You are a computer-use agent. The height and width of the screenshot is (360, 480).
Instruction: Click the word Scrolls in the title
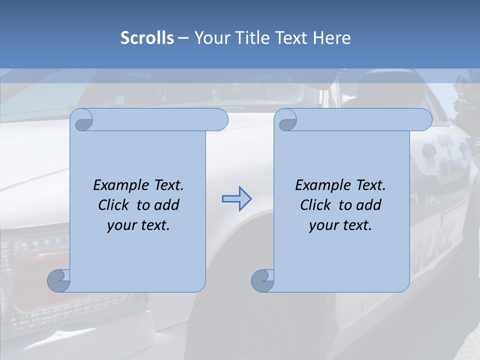[x=147, y=38]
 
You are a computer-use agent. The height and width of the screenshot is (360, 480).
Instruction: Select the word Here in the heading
[x=332, y=38]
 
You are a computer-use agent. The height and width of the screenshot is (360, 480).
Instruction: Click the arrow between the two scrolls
[x=236, y=199]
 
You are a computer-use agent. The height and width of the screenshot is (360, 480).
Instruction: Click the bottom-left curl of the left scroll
[x=59, y=281]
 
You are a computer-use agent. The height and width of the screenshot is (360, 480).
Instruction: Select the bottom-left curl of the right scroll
[x=263, y=281]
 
